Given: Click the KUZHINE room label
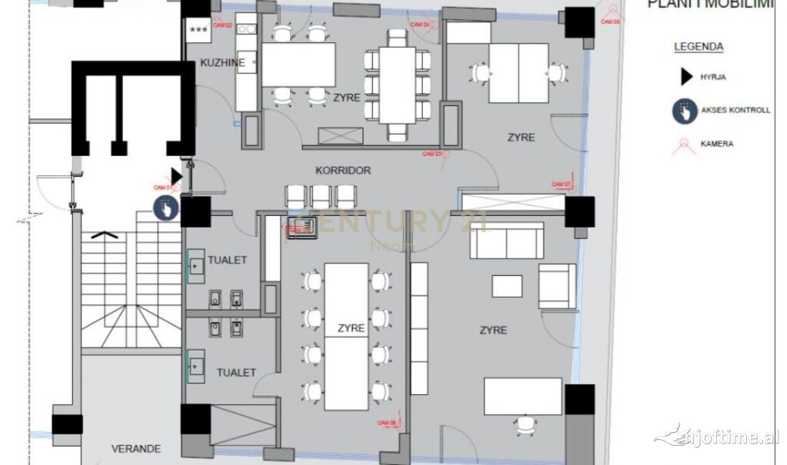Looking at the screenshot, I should pos(223,63).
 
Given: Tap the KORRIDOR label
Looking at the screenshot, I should pos(343,171).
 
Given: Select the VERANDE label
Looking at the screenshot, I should pos(136,449).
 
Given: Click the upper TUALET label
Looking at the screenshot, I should pos(227,260).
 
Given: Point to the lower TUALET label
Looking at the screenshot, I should pos(236,373).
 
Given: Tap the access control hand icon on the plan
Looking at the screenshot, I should pos(165,207).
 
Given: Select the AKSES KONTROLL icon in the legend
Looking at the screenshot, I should pos(685,111).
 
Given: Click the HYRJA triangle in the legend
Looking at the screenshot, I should pos(685,78).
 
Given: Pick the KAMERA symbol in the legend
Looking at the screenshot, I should pos(685,145).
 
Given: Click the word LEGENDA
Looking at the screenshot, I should pos(698,47).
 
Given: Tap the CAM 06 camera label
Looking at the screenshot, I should pos(387,423).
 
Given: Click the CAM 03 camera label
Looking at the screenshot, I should pos(431,153).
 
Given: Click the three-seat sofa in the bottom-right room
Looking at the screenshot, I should pos(505,240).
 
